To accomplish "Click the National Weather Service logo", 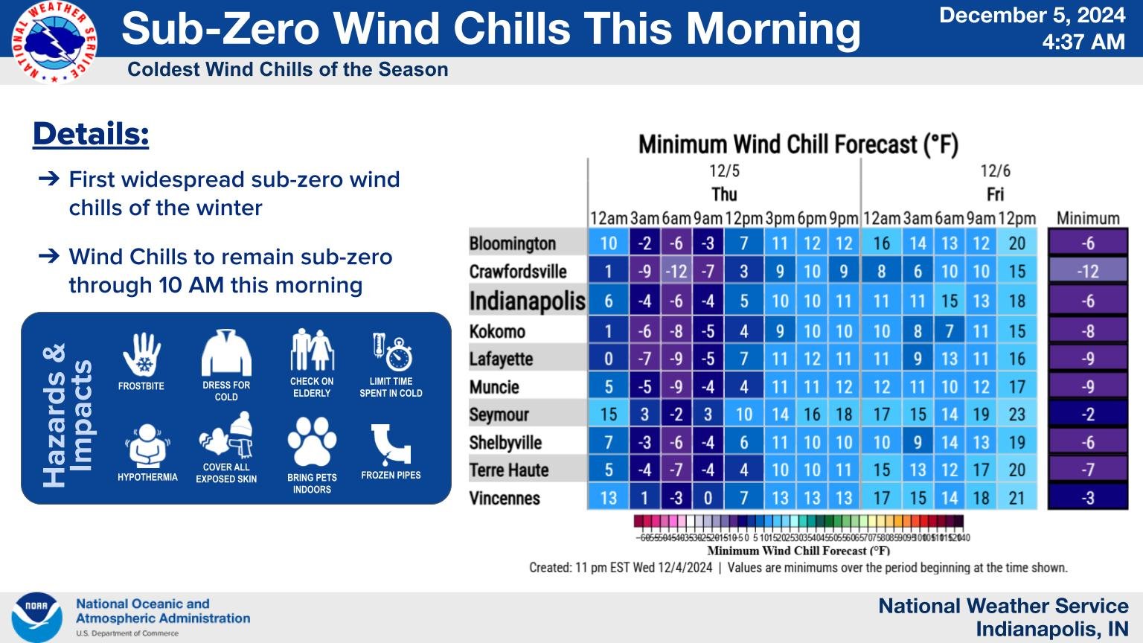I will click(54, 42).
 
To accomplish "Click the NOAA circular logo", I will click(36, 617).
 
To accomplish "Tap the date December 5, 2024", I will click(1031, 16).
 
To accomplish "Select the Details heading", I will click(91, 134).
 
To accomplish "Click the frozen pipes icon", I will click(391, 444).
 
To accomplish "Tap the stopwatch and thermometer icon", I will click(391, 352).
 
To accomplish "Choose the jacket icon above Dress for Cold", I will click(226, 354).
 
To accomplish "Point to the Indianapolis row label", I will click(527, 301).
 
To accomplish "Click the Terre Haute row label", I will click(509, 470).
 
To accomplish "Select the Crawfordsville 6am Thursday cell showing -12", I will click(676, 272).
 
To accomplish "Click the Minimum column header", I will click(1088, 218).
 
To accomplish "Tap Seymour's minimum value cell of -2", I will click(1088, 414).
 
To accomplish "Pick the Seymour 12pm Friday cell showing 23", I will click(1016, 414).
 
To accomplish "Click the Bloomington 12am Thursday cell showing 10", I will click(608, 243).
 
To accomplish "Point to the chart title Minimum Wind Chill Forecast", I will click(798, 144).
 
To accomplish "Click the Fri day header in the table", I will click(995, 194).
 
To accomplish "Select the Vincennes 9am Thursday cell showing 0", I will click(708, 498).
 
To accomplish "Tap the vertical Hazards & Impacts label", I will click(68, 415).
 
